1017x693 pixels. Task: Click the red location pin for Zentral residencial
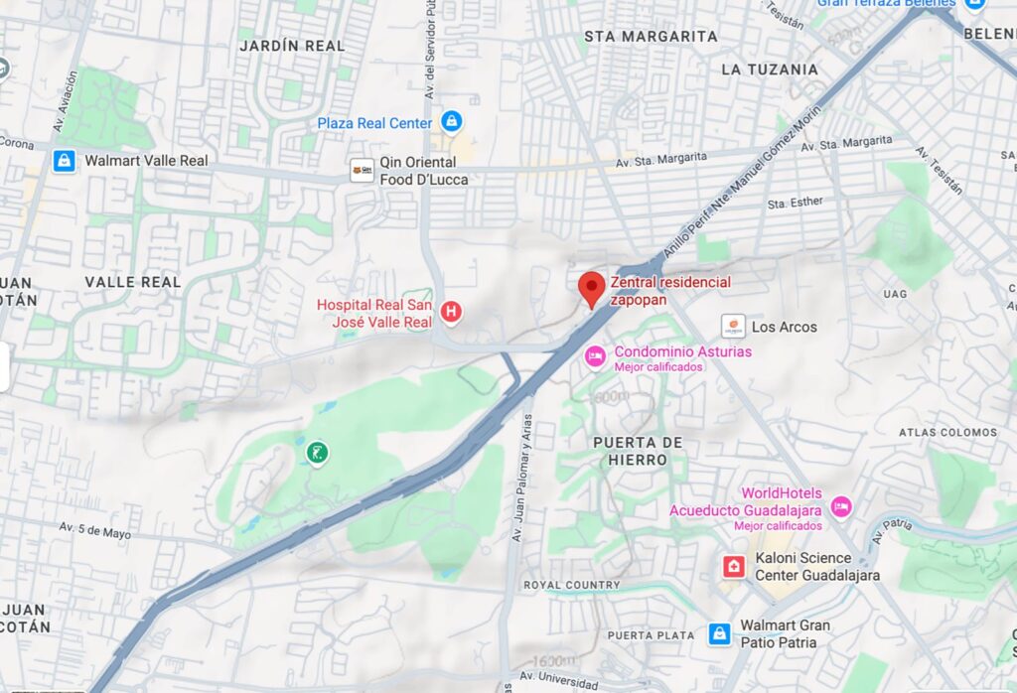[x=592, y=288]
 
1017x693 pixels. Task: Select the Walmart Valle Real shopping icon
[x=65, y=161]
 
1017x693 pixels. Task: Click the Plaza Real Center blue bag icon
[x=452, y=122]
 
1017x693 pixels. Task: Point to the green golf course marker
[x=317, y=454]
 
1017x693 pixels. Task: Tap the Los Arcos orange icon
[x=733, y=326]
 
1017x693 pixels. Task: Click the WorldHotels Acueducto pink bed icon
[x=841, y=507]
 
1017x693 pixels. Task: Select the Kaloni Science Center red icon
[x=734, y=567]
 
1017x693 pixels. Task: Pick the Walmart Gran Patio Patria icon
[x=720, y=633]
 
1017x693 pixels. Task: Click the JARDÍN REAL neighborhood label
[x=292, y=46]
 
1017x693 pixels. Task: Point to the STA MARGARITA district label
[x=651, y=37]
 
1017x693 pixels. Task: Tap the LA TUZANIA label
[x=770, y=69]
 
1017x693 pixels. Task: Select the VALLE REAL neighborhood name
[x=133, y=282]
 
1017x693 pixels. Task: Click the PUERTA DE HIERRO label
[x=638, y=451]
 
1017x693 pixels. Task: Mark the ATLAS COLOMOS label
[x=947, y=433]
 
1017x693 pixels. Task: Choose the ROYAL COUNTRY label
[x=571, y=586]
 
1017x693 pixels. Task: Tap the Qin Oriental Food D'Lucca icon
[x=362, y=171]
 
